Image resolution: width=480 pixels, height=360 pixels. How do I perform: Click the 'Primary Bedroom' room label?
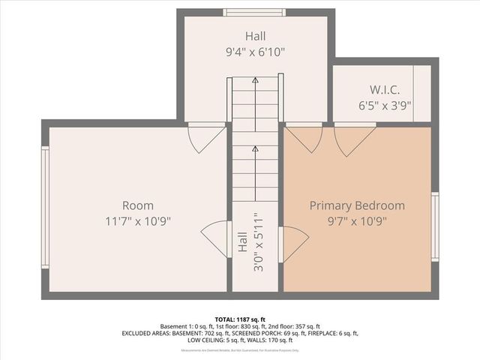(357, 205)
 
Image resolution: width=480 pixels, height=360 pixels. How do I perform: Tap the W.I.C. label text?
(373, 89)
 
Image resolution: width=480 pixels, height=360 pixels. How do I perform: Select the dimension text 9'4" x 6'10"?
(255, 52)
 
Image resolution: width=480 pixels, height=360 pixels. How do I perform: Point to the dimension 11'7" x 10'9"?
(138, 221)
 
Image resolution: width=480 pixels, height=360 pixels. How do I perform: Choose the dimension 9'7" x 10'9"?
(357, 221)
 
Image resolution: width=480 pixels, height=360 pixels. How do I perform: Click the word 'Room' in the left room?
(138, 205)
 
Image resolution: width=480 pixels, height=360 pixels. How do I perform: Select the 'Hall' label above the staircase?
(255, 36)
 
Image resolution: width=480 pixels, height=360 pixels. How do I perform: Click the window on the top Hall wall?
(255, 12)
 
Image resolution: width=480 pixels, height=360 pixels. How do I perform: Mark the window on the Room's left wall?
(45, 207)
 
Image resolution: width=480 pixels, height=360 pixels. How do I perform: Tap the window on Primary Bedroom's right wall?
(434, 226)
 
